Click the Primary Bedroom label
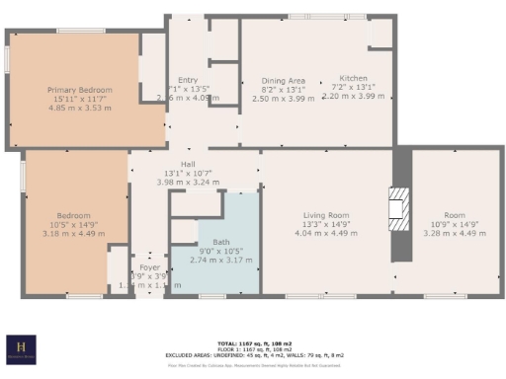coord(81,90)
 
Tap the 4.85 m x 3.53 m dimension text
coord(81,107)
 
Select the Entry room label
coord(188,80)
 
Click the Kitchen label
coord(353,78)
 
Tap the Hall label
coord(187,165)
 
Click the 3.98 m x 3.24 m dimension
coord(187,183)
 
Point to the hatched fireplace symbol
coord(398,208)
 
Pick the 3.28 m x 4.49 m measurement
coord(453,234)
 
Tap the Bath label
coord(220,242)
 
